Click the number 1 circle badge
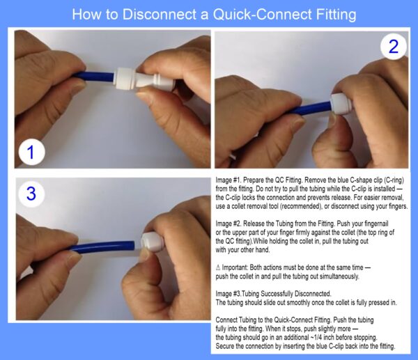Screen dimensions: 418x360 pyautogui.click(x=32, y=152)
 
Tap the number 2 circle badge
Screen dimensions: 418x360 pyautogui.click(x=394, y=47)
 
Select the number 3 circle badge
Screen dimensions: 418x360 pyautogui.click(x=31, y=194)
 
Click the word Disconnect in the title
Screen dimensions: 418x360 pyautogui.click(x=160, y=15)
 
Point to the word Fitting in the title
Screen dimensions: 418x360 pyautogui.click(x=336, y=15)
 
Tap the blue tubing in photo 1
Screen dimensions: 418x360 pyautogui.click(x=94, y=77)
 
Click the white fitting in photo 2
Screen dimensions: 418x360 pyautogui.click(x=341, y=104)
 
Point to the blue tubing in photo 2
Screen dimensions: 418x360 pyautogui.click(x=311, y=108)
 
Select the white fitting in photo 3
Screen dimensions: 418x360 pyautogui.click(x=152, y=242)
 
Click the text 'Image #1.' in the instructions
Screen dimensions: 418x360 pyautogui.click(x=229, y=180)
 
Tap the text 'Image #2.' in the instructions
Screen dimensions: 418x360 pyautogui.click(x=229, y=224)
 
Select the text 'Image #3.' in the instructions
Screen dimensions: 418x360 pyautogui.click(x=229, y=294)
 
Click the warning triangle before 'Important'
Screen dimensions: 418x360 pyautogui.click(x=218, y=267)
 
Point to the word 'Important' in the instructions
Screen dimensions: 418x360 pyautogui.click(x=235, y=267)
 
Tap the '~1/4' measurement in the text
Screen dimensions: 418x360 pyautogui.click(x=316, y=337)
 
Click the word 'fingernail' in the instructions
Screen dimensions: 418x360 pyautogui.click(x=376, y=224)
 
